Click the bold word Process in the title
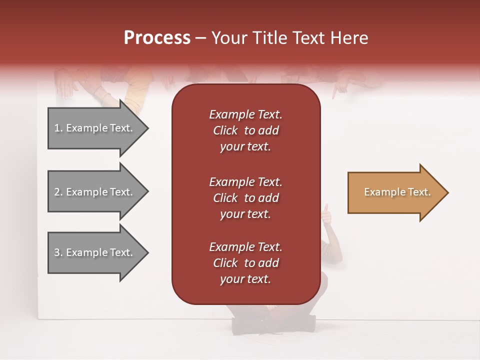pos(157,37)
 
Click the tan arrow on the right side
pos(395,192)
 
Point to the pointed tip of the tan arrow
pos(446,192)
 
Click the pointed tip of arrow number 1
pos(146,128)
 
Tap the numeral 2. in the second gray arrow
pos(58,192)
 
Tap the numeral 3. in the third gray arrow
pos(58,252)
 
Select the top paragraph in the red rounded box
pos(245,130)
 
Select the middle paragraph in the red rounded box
pos(245,198)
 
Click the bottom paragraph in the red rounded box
pos(245,263)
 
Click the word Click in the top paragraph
pos(225,130)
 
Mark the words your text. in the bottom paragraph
pos(245,279)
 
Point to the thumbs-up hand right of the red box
pos(326,216)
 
